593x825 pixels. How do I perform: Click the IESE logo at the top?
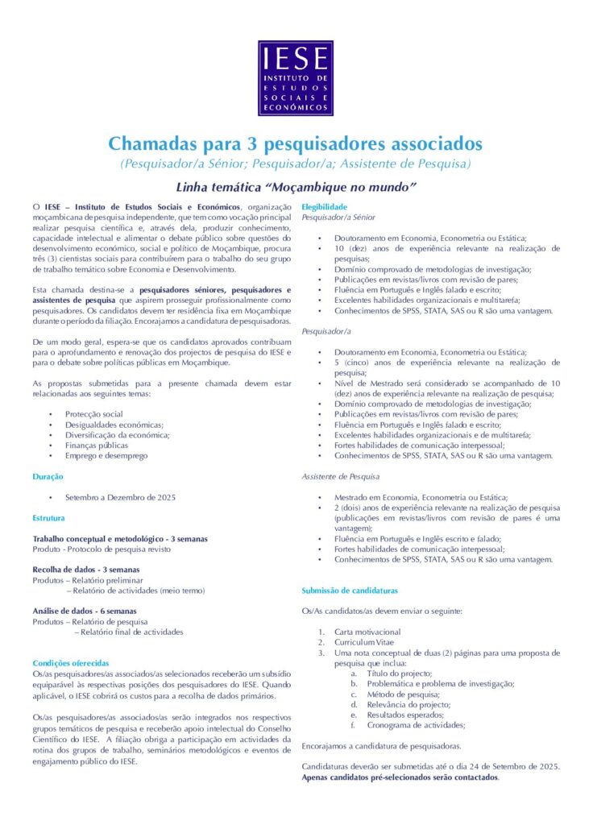pos(296,78)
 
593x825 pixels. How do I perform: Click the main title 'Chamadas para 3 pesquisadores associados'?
pos(296,144)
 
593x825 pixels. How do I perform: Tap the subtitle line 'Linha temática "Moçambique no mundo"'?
pos(296,188)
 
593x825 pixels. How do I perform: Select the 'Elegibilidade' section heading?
pos(324,207)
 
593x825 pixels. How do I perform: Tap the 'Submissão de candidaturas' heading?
pos(350,591)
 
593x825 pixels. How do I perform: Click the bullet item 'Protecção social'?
pos(94,414)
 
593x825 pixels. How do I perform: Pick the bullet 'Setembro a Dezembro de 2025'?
pos(120,497)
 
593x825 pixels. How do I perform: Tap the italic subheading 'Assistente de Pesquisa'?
pos(340,477)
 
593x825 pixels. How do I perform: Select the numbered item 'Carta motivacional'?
pos(367,632)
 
